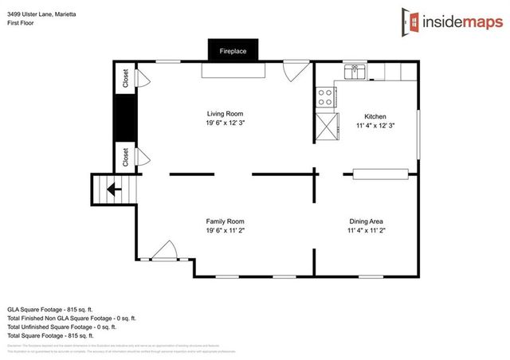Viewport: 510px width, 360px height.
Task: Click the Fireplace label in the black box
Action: [233, 51]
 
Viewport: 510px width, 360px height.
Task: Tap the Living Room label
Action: [224, 114]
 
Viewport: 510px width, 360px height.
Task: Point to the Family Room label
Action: [225, 221]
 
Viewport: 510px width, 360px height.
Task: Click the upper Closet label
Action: [126, 78]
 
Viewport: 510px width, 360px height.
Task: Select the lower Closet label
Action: [126, 157]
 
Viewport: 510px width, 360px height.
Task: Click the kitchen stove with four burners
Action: [325, 97]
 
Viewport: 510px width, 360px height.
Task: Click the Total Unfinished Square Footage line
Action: [62, 327]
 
